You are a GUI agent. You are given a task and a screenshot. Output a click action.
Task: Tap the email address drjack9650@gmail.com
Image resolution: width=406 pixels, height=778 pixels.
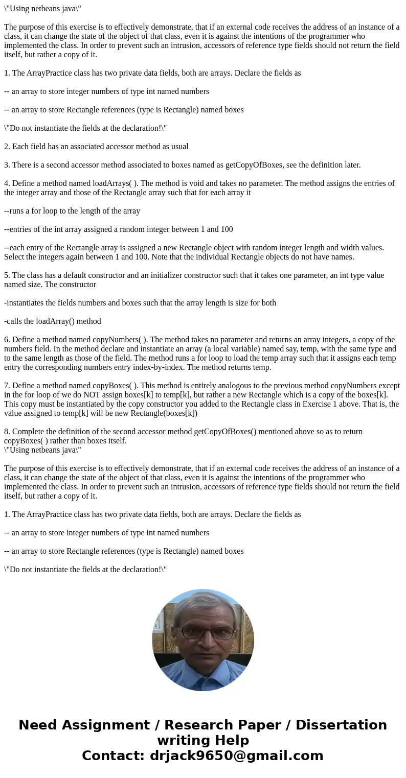pos(236,756)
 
